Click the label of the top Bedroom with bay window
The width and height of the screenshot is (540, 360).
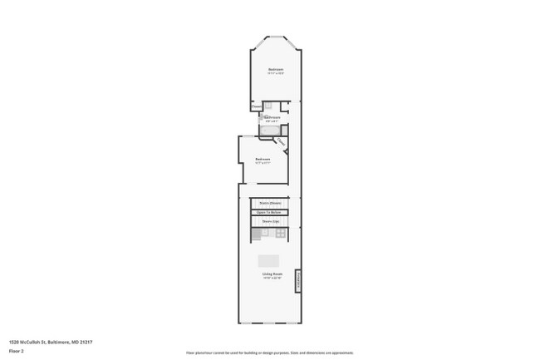(275, 68)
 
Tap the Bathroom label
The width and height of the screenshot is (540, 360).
(272, 117)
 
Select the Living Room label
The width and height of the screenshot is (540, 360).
(269, 274)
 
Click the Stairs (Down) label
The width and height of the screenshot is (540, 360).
(269, 203)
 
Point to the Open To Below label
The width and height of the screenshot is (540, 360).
(269, 212)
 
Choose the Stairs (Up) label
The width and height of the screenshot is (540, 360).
(269, 221)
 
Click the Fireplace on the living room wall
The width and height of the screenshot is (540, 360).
(298, 283)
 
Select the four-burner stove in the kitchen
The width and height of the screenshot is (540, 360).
(281, 234)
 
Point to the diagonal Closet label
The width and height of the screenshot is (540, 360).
(281, 142)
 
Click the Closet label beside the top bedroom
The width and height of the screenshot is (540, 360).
(256, 106)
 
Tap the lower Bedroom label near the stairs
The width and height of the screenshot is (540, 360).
(263, 159)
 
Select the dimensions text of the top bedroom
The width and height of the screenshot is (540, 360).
(275, 73)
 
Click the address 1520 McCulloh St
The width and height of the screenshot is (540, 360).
(51, 342)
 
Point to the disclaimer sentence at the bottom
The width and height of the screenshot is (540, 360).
(269, 353)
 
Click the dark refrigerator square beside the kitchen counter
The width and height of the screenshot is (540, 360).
(255, 234)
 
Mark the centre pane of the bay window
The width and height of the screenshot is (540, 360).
(276, 37)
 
